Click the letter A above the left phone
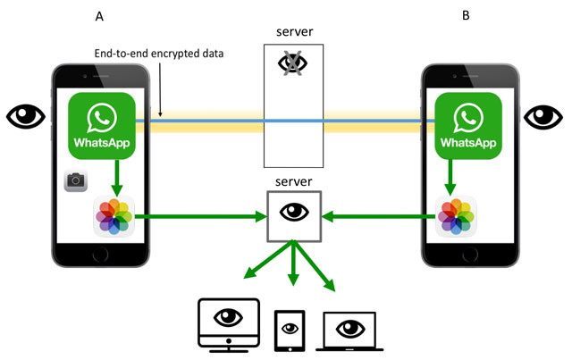pos(99,16)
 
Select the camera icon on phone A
pos(75,181)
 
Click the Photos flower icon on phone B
pos(456,216)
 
